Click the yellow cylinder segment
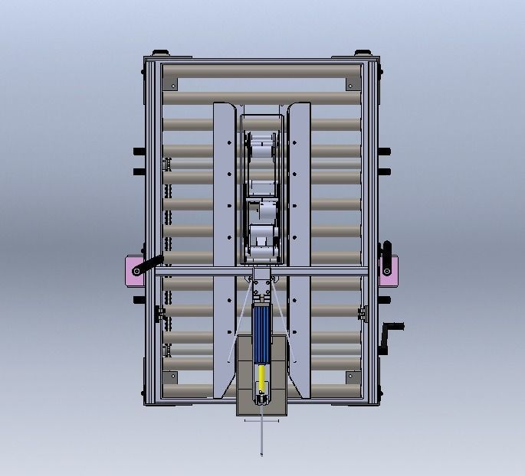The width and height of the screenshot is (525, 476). coord(262,377)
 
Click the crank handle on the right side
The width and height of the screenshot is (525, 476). coord(393,328)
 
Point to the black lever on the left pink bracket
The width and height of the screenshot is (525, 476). coord(148,265)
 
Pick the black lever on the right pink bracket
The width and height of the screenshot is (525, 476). coord(387,258)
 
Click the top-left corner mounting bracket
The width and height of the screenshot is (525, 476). coord(172,83)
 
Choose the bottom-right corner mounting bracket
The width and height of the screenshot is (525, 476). coord(352,377)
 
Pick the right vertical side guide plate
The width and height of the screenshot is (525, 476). coord(300,245)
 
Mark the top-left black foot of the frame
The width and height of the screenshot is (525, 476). coord(160,53)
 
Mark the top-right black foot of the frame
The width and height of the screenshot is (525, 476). coord(360,53)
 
